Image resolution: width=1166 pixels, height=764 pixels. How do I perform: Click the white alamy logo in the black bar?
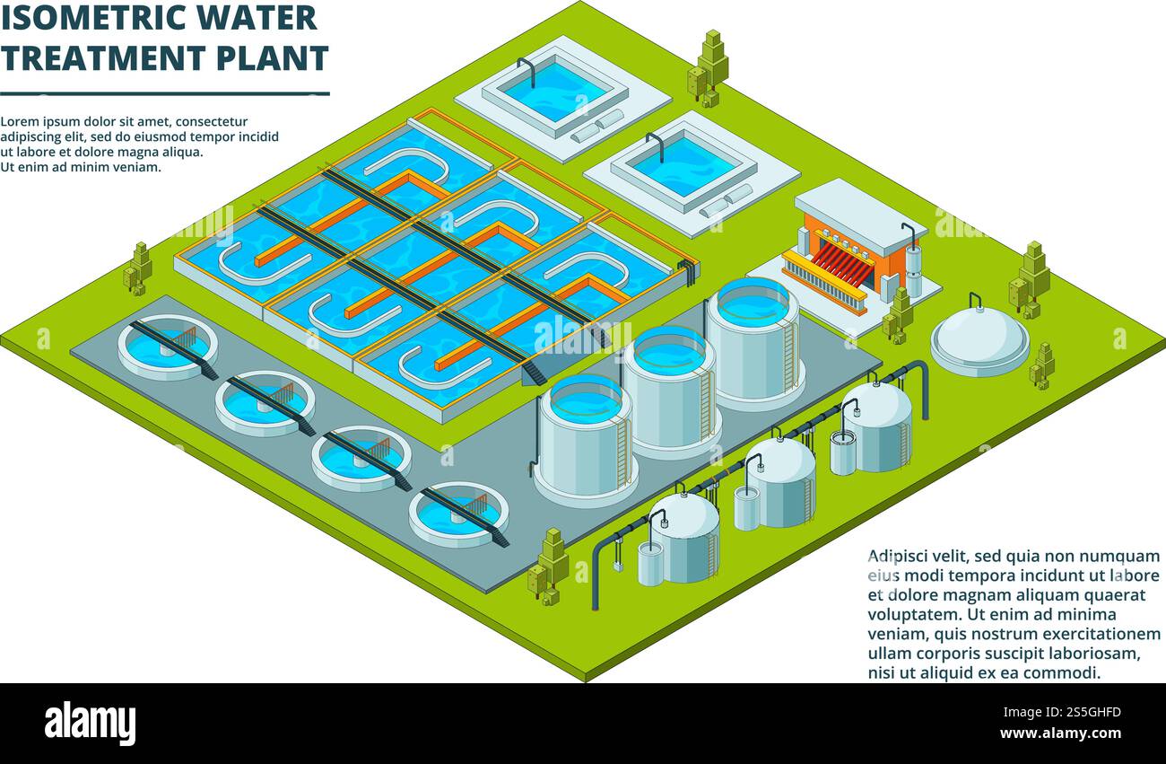click(90, 723)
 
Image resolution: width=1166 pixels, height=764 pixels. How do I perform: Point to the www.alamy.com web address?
click(1060, 733)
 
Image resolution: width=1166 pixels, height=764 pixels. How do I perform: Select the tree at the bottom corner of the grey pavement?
click(549, 566)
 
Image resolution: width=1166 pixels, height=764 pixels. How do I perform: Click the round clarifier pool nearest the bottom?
click(458, 515)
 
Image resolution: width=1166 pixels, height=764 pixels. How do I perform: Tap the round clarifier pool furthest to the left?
click(167, 347)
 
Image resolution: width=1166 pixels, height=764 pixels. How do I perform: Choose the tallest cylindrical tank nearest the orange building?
click(753, 341)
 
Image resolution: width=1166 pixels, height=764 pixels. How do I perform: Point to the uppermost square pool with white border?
click(554, 90)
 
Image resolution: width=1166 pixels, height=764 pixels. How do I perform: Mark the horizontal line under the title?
click(165, 93)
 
